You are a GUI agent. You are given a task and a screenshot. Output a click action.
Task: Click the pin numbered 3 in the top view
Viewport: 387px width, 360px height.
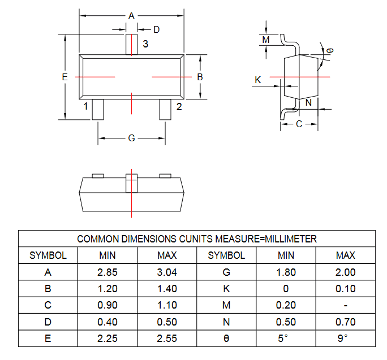click(x=132, y=45)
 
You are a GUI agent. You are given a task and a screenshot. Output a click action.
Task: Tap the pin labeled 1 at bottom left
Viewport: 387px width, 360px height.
click(x=98, y=110)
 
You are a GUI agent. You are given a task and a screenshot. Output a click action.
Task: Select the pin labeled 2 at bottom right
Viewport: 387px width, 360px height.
click(x=165, y=110)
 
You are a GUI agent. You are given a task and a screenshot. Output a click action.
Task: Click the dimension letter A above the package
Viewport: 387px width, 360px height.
click(x=132, y=16)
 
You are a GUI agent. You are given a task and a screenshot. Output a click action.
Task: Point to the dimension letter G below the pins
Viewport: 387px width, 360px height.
click(x=132, y=138)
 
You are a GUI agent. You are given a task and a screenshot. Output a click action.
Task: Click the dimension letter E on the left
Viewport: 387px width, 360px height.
click(x=65, y=77)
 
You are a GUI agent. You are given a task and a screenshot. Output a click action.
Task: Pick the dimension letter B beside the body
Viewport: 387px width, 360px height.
click(x=200, y=77)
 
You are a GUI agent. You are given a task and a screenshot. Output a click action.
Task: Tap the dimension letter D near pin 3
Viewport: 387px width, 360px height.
click(x=157, y=29)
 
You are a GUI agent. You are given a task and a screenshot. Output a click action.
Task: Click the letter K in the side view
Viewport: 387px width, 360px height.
click(x=258, y=80)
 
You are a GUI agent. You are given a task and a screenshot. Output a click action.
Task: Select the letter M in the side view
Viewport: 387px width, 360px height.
click(x=266, y=40)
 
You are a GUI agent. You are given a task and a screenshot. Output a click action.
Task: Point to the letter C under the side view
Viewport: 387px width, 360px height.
click(x=299, y=124)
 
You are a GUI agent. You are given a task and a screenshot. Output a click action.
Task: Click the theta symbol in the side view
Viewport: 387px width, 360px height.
click(x=330, y=50)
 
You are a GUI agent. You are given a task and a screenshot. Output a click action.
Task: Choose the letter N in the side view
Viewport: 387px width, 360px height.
click(x=308, y=103)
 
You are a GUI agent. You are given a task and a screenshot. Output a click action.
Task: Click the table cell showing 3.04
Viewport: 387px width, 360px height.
click(x=167, y=272)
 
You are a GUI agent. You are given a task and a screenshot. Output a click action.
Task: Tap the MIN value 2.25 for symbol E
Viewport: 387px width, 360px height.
click(x=107, y=339)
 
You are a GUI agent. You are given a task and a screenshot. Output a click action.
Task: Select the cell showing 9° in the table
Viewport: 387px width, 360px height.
click(x=346, y=339)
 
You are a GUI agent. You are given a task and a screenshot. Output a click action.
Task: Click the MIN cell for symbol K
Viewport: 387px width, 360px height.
click(x=286, y=288)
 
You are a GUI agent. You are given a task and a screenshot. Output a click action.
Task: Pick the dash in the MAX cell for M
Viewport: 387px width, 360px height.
click(x=346, y=306)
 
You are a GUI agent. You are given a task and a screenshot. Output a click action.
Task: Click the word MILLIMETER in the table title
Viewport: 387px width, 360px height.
click(x=291, y=239)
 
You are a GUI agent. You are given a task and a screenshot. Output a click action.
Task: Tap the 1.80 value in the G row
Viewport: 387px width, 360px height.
click(x=286, y=272)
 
